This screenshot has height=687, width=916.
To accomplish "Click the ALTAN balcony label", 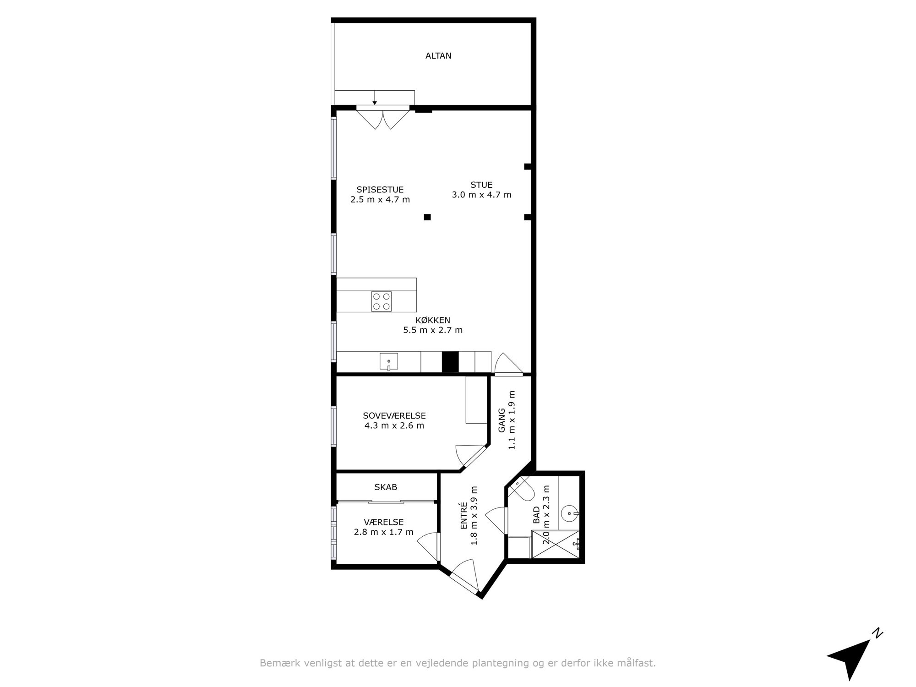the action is [x=438, y=56].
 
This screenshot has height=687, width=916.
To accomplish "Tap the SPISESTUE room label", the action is [x=380, y=190].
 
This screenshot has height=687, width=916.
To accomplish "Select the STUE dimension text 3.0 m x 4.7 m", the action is [x=481, y=195].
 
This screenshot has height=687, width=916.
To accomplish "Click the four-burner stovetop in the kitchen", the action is [x=382, y=301].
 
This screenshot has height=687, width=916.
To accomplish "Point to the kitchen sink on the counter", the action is [x=388, y=362].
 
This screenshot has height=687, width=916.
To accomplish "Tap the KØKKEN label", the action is [x=433, y=320].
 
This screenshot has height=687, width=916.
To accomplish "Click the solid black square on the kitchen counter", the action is [x=450, y=362].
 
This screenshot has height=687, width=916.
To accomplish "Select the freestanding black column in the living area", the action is [x=427, y=217].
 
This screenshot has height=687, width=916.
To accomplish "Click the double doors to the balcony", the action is [x=382, y=117].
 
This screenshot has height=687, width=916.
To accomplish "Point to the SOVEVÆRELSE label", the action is [x=394, y=416].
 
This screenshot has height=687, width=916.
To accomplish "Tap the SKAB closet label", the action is [x=386, y=487].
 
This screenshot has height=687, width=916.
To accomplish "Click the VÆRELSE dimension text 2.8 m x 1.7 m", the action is [x=384, y=532].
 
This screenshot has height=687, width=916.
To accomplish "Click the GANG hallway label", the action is [x=502, y=420].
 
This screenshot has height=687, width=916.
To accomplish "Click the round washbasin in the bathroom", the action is [x=570, y=513].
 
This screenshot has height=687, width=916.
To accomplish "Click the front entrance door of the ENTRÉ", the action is [x=464, y=578].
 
